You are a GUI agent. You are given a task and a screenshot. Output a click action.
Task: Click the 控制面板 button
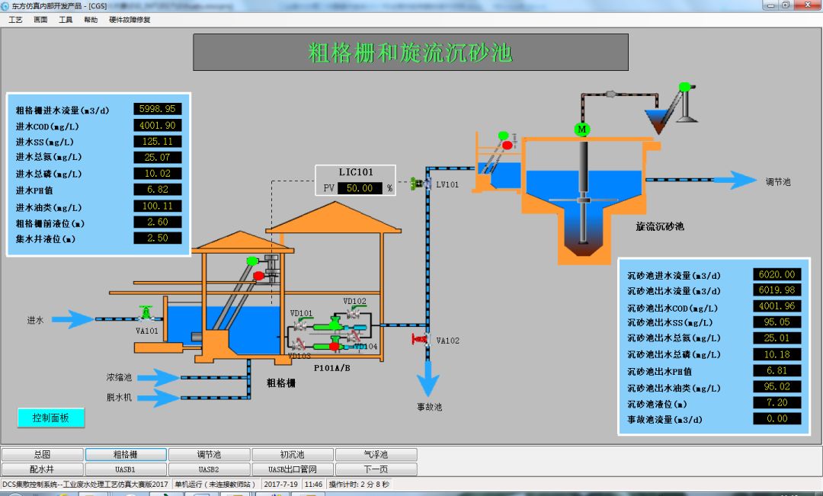(x=51, y=418)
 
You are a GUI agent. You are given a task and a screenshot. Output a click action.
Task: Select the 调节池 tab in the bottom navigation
(x=210, y=455)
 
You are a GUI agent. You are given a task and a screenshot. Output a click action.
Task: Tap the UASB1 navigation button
(x=126, y=469)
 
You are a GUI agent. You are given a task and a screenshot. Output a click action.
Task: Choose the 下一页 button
(x=376, y=469)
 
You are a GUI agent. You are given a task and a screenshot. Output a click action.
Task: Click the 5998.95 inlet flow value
(x=158, y=109)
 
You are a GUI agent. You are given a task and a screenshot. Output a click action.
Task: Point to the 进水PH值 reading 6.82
(x=158, y=190)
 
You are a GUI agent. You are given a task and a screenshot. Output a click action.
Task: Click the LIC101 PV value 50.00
(x=359, y=187)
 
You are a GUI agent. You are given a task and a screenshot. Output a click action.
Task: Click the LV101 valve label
(x=447, y=184)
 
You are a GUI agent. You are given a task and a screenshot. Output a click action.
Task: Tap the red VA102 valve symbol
(x=418, y=338)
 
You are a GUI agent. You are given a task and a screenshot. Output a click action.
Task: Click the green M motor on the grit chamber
(x=582, y=130)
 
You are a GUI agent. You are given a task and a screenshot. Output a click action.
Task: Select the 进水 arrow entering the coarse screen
(x=72, y=319)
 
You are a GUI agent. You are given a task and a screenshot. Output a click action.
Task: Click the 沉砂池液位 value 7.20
(x=777, y=402)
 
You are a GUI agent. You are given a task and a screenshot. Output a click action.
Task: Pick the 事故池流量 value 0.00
(x=777, y=418)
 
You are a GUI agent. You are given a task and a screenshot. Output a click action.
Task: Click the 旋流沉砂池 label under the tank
(x=660, y=226)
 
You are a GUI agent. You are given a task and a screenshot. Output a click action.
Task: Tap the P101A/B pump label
(x=332, y=367)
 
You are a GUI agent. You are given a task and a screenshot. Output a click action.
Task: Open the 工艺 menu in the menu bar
(x=15, y=20)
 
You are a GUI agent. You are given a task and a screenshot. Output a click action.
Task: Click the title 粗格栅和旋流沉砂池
(x=410, y=53)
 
